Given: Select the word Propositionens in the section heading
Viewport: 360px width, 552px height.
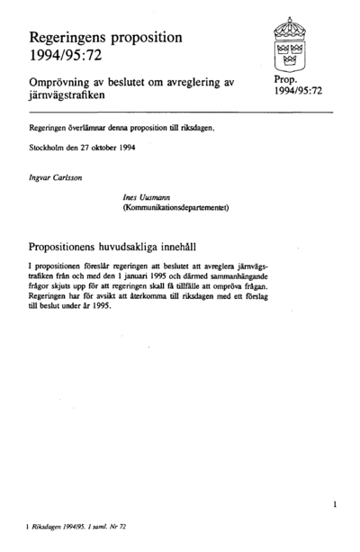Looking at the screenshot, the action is coord(76,244).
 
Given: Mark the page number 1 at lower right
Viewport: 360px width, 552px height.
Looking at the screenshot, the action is coord(334,505).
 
